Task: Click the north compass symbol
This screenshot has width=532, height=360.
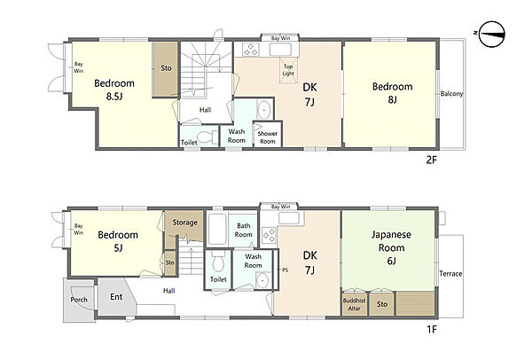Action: tap(492, 34)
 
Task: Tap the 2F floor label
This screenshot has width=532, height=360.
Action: tap(431, 160)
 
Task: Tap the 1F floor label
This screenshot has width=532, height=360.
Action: tap(432, 329)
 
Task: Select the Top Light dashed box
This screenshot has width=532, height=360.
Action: tap(288, 70)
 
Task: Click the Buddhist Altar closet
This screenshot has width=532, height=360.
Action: tap(354, 304)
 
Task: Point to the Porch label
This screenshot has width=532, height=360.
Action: tap(79, 300)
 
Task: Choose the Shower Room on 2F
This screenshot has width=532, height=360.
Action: tap(268, 135)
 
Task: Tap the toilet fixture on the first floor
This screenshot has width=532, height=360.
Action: tap(218, 262)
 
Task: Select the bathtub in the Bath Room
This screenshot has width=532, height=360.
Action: tap(217, 229)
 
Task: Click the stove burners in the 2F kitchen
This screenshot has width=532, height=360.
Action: tap(251, 49)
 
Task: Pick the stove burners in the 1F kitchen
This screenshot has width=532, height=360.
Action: tap(269, 236)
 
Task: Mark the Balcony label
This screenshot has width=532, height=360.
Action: tap(451, 94)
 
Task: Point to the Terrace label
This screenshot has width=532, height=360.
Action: tap(450, 273)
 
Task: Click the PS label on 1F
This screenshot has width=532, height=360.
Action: tap(285, 270)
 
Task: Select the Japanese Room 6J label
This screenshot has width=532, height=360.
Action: tap(391, 247)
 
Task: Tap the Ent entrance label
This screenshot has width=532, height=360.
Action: tap(116, 297)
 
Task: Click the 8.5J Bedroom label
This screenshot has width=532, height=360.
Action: tap(114, 90)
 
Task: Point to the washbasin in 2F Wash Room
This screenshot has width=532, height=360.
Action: tap(264, 110)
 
